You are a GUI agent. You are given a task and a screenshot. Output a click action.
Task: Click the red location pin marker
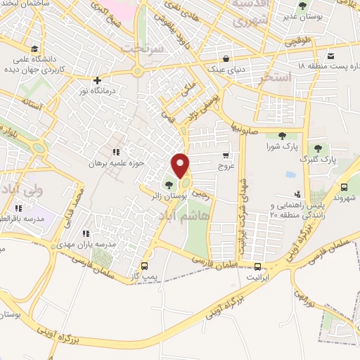(x=181, y=166)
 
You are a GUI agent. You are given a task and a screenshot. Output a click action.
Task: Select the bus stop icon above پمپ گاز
(x=145, y=266)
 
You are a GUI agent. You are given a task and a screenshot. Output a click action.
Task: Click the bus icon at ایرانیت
(x=258, y=266)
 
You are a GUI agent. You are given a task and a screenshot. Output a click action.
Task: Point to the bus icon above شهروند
(x=345, y=187)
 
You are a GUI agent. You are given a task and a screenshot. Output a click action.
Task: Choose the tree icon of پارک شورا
(x=282, y=136)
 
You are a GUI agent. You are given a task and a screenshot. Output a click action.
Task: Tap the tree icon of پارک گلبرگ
(x=318, y=148)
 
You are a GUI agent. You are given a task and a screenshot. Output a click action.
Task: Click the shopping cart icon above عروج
(x=225, y=155)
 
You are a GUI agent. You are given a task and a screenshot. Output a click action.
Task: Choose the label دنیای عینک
(x=225, y=67)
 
